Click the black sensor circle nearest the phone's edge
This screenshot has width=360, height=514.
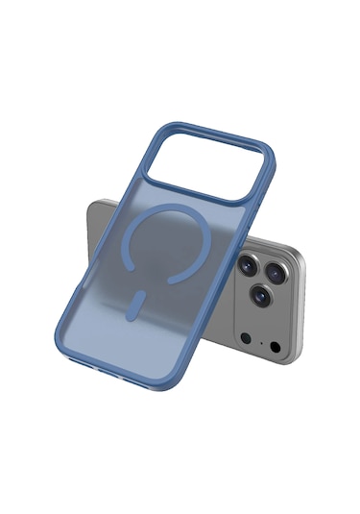pos(276,347)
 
